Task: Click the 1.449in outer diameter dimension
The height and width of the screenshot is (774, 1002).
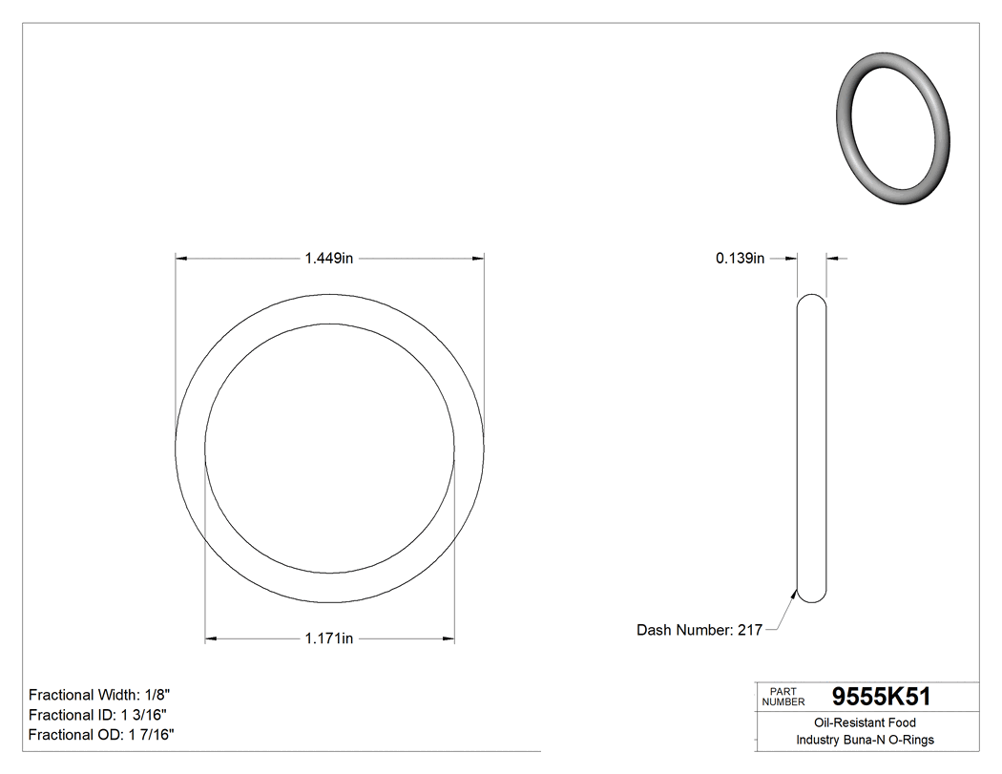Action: (x=329, y=258)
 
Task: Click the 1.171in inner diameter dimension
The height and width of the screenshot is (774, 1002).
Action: (x=329, y=638)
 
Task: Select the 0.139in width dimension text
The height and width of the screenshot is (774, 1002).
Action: (x=741, y=258)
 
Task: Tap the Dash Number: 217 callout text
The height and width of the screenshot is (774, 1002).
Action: (x=699, y=630)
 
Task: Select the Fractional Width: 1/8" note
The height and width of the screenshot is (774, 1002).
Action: (x=100, y=695)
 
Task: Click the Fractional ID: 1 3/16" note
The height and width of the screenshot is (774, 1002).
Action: (x=100, y=715)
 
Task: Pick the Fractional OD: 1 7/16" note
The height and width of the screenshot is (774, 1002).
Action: (x=101, y=735)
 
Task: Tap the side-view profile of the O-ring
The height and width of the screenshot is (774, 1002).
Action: (x=812, y=449)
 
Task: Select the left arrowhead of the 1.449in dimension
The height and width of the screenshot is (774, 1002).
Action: (x=182, y=258)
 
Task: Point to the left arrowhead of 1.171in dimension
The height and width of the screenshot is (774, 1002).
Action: (x=212, y=638)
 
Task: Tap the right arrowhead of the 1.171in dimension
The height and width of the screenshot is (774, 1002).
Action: (x=448, y=638)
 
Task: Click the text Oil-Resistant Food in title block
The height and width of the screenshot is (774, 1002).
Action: (x=865, y=723)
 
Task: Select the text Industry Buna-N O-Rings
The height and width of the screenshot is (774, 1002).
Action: (x=865, y=741)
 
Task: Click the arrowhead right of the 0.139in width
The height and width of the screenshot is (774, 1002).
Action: (x=833, y=258)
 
